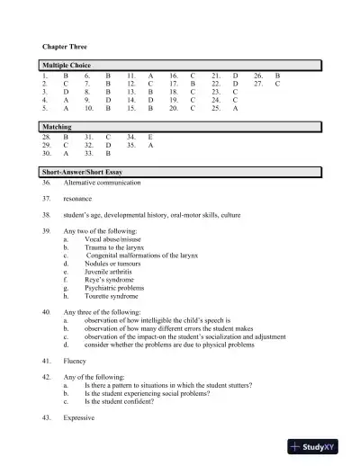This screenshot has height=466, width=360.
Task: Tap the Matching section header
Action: click(58, 127)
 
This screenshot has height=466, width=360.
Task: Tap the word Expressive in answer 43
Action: click(80, 418)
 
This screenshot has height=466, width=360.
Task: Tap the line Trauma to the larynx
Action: click(113, 247)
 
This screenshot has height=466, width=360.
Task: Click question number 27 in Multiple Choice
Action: click(260, 85)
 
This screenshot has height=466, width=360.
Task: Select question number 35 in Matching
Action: click(131, 144)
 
